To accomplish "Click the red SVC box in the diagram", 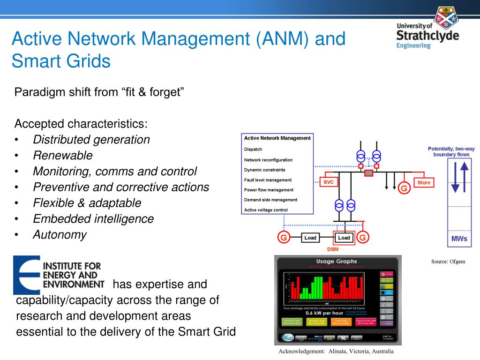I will pos(329,182).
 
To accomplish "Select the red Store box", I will pos(424,182).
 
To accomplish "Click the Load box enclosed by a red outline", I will pos(344,238).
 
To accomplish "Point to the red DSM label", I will pos(333,249).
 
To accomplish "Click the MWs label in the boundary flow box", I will pos(459,239).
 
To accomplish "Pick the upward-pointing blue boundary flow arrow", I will pos(464,176).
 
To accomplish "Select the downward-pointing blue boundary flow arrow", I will pos(455,179).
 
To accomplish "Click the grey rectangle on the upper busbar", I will pos(369,173).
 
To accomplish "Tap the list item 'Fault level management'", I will pos(268,180).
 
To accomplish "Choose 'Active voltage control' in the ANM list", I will pos(266,210).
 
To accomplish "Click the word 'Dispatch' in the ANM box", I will pos(253,150).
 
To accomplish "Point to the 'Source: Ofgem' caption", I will pos(448,262).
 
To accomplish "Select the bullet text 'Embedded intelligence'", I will pos(93,219).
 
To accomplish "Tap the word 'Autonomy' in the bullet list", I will pos(60,235).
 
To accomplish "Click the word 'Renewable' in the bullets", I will pos(63,155).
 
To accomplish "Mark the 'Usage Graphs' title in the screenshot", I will pos(337,261).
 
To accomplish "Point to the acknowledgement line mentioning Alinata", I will pos(336,352).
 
